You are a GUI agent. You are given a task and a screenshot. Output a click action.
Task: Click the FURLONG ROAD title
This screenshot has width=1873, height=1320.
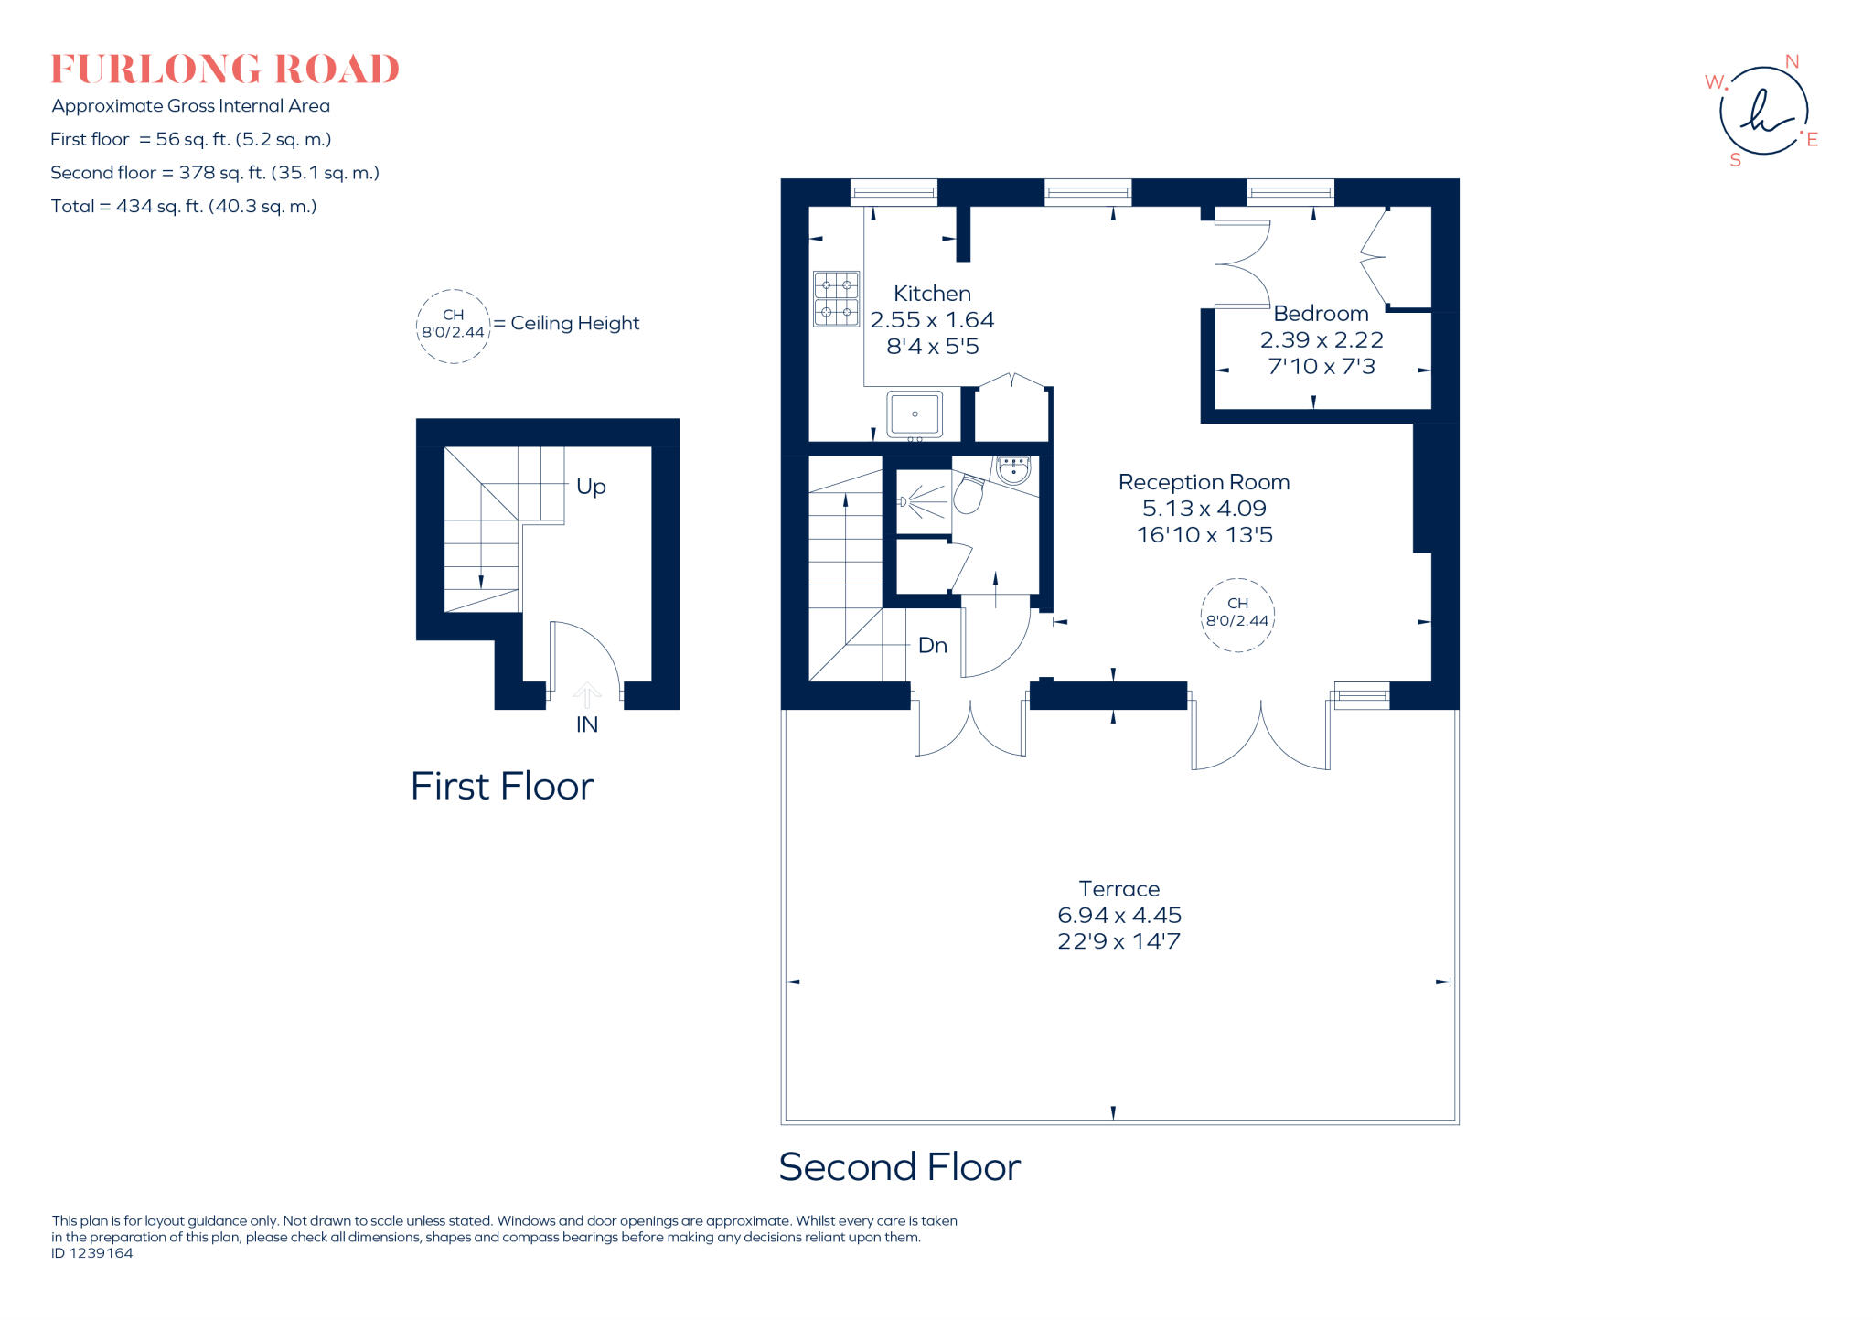tap(225, 70)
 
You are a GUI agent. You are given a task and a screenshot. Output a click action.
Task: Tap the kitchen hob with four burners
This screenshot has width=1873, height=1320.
tap(836, 299)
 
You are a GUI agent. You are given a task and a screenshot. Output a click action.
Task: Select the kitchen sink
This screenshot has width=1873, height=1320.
tap(914, 414)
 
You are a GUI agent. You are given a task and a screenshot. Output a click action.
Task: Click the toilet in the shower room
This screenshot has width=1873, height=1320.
tap(969, 495)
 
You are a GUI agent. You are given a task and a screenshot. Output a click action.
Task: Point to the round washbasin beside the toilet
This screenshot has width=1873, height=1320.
tap(1013, 471)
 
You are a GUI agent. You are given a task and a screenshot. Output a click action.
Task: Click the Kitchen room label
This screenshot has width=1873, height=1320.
tap(932, 294)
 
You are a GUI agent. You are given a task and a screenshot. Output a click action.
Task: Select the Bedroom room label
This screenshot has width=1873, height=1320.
tap(1321, 314)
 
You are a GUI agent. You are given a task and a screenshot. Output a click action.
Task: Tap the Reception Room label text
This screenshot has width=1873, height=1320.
tap(1204, 482)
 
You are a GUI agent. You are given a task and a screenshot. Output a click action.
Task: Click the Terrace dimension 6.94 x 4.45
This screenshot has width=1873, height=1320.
tap(1119, 915)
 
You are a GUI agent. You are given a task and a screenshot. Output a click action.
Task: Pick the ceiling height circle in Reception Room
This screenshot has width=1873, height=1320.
tap(1237, 615)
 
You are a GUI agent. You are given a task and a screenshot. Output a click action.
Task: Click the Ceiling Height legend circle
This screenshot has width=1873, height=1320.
tap(453, 326)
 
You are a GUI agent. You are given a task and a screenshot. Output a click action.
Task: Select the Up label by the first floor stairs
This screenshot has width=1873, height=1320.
tap(591, 487)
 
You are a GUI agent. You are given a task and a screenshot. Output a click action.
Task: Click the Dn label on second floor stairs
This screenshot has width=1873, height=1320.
tap(932, 646)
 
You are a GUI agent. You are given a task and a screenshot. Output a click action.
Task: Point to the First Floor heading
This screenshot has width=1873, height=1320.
tap(502, 787)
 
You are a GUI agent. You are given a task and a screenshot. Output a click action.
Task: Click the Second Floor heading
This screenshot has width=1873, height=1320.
tap(899, 1167)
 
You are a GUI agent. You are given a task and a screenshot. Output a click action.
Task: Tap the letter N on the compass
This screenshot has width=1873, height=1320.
tap(1792, 62)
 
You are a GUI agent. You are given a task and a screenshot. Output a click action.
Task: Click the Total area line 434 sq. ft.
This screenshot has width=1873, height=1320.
tap(184, 207)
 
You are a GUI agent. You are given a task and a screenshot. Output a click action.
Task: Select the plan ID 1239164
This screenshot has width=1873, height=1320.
tap(92, 1253)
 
